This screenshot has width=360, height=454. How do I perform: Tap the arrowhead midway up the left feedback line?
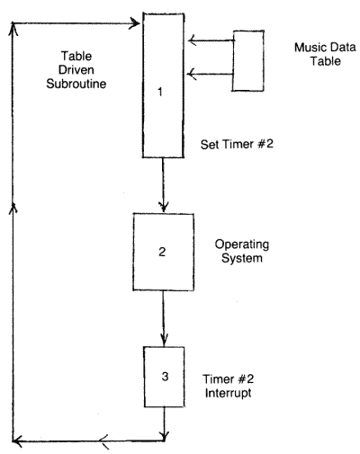[12, 207]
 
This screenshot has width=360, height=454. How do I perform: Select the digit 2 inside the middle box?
[162, 252]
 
